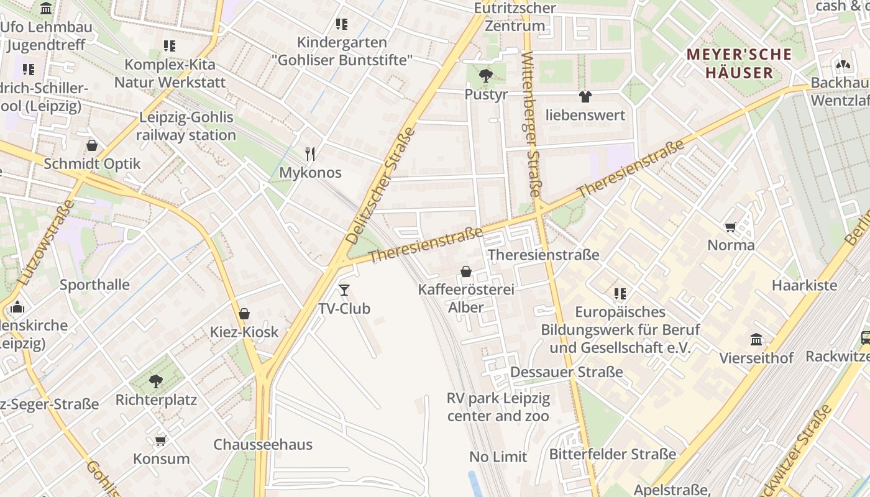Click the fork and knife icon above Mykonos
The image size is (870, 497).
(310, 154)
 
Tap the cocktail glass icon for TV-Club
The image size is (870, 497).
(344, 290)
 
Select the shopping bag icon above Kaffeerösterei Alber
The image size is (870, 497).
(465, 271)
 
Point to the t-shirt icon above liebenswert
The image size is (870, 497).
(585, 96)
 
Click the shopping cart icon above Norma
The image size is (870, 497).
(731, 227)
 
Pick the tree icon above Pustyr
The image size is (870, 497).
(486, 76)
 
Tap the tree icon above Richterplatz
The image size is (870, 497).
(156, 381)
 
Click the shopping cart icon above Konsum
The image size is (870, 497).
(161, 440)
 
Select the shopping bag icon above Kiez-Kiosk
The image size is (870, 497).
(244, 314)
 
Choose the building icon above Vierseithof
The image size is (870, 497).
(756, 340)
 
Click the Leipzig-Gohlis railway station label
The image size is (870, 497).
(186, 126)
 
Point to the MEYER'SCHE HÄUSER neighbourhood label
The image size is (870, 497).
(739, 63)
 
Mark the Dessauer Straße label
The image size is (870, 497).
(566, 372)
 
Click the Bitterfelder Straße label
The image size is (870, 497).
(612, 454)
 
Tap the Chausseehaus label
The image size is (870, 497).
(263, 445)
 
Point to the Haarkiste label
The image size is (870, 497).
(804, 286)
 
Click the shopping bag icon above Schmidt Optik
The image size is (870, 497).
(92, 145)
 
